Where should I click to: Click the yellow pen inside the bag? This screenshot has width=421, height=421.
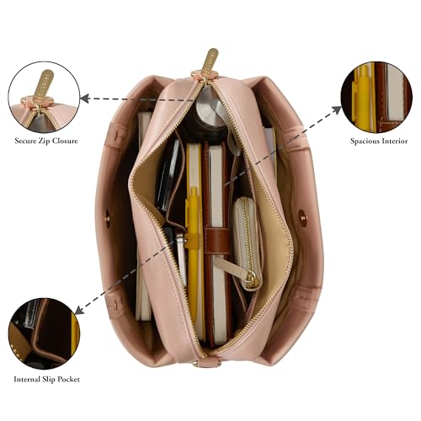pyautogui.click(x=195, y=253)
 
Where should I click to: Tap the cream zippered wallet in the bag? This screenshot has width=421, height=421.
pyautogui.click(x=247, y=242)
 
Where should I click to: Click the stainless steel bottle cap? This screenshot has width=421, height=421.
pyautogui.click(x=208, y=111)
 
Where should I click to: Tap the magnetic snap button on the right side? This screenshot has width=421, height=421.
pyautogui.click(x=302, y=216)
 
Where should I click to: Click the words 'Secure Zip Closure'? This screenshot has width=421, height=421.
pyautogui.click(x=46, y=141)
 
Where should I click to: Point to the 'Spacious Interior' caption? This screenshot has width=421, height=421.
pyautogui.click(x=379, y=141)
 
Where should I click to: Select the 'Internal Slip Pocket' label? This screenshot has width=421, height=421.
pyautogui.click(x=46, y=380)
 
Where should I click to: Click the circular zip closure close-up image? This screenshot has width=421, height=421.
pyautogui.click(x=44, y=97)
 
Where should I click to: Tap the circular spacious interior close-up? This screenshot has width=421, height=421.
pyautogui.click(x=376, y=97)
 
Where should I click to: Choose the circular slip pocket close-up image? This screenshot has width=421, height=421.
pyautogui.click(x=44, y=333)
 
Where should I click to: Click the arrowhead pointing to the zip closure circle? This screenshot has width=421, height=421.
pyautogui.click(x=85, y=99)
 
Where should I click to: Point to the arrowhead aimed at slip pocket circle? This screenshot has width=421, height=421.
pyautogui.click(x=79, y=310)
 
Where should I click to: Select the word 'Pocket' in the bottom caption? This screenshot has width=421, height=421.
pyautogui.click(x=69, y=380)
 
